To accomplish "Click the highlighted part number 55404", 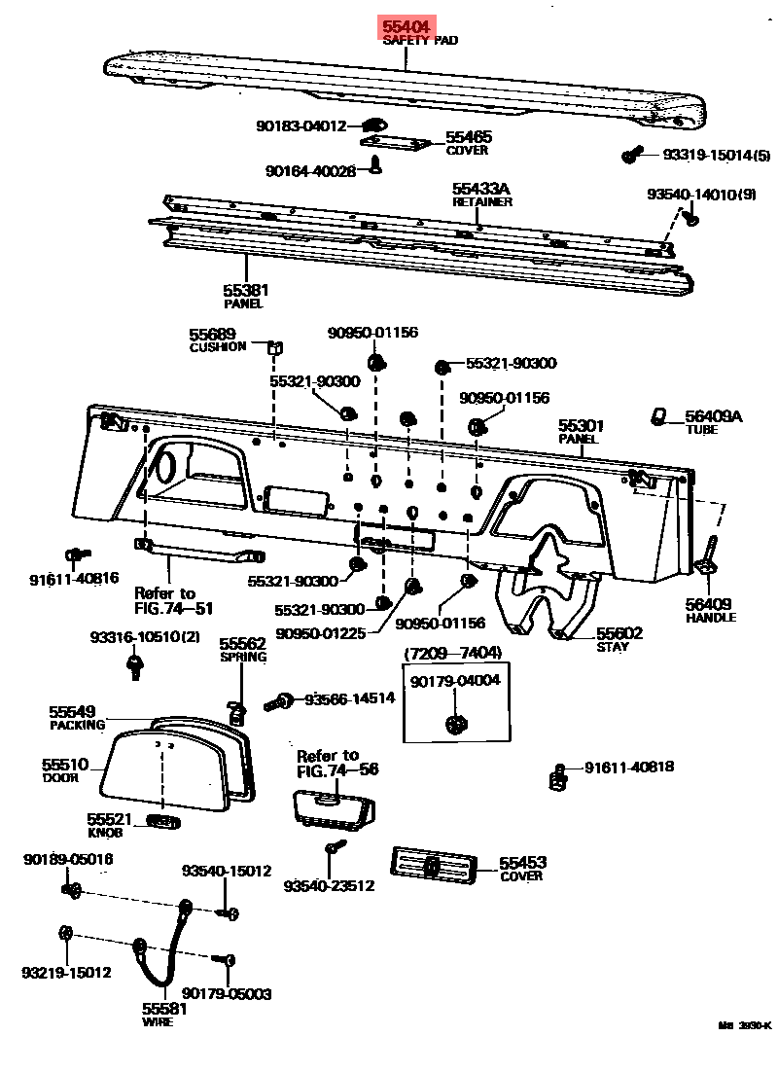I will (x=407, y=27).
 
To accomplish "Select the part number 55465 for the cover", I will (x=468, y=138).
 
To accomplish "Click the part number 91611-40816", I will (x=74, y=579).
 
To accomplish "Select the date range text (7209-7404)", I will (x=453, y=653).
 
